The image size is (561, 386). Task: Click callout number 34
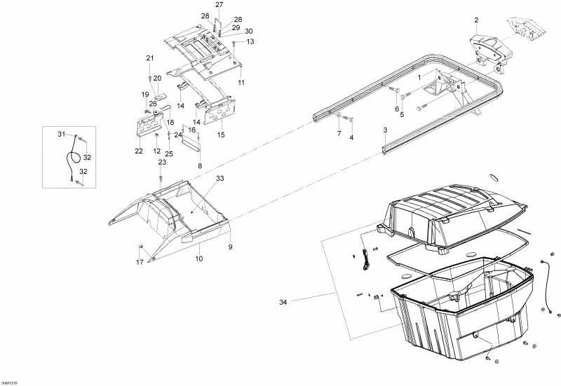[x=283, y=301]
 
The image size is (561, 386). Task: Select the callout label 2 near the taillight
[x=475, y=20]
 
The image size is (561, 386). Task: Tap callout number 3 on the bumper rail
[x=384, y=130]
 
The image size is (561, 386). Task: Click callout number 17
[x=140, y=262]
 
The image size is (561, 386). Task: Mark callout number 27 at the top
[x=219, y=5]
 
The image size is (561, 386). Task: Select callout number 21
[x=149, y=57]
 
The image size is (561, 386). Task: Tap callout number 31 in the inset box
[x=61, y=134]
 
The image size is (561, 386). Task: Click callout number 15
[x=221, y=134]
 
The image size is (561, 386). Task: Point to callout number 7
[x=338, y=133]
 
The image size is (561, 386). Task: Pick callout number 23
[x=162, y=162]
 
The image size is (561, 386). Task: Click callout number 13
[x=250, y=41]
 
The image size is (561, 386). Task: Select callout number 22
[x=139, y=151]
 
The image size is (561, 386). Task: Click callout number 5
[x=402, y=114]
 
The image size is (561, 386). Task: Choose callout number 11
[x=241, y=83]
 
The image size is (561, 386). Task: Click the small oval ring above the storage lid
[x=474, y=177]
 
